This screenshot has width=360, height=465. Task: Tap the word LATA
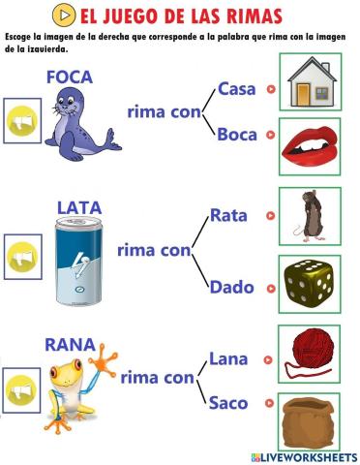78,206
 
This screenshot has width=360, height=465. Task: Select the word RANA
69,344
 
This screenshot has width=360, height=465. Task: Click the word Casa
237,88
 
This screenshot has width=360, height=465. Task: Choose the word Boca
237,135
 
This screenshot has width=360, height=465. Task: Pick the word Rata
229,215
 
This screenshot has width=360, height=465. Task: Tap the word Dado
231,287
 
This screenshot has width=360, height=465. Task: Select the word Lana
228,359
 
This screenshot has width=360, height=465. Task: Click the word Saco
228,402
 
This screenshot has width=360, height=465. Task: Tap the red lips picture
310,146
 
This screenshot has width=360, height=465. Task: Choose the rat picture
310,215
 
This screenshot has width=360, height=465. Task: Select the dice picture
310,283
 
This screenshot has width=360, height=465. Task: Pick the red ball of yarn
310,351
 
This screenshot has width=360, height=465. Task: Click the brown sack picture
310,420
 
